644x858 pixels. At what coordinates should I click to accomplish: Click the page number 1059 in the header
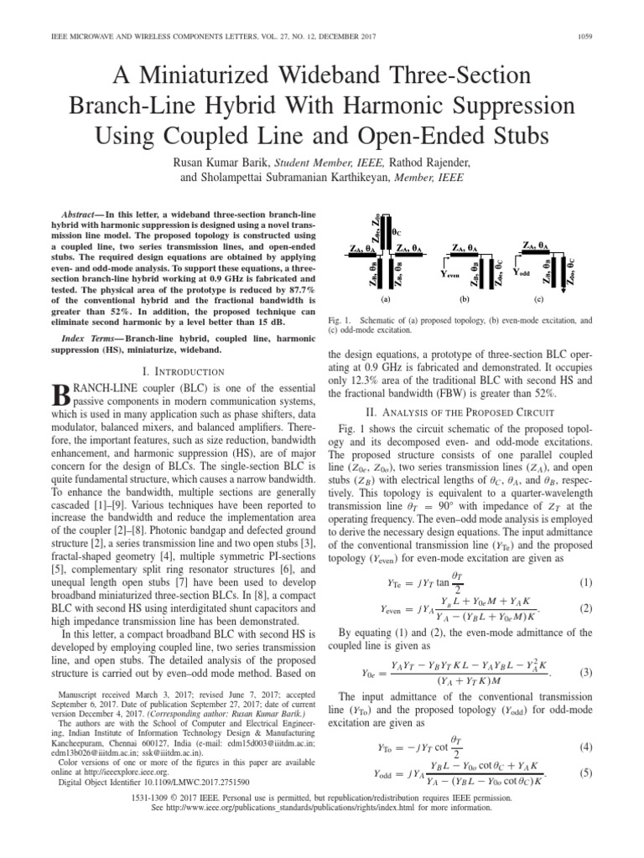pos(606,12)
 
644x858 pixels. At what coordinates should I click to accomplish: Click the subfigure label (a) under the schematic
pos(386,298)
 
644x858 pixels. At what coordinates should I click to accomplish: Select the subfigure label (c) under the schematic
pos(538,298)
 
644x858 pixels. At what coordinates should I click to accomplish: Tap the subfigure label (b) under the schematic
pos(464,298)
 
